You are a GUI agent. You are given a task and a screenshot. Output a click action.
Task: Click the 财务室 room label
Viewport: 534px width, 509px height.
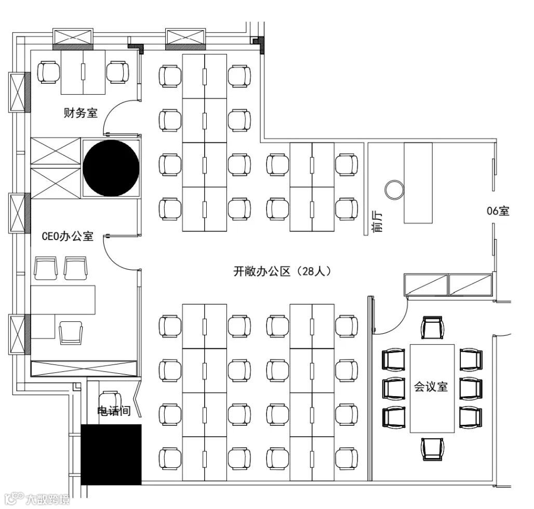[81, 112]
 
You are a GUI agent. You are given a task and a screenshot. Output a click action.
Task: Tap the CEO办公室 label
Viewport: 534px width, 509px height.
[68, 236]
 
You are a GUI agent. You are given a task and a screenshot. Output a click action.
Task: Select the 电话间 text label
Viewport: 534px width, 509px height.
[114, 411]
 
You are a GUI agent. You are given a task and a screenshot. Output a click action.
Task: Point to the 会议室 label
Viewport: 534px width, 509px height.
[431, 387]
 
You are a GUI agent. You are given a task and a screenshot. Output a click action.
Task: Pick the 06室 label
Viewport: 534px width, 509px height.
[498, 211]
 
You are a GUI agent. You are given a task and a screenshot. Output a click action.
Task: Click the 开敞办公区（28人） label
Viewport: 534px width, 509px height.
[283, 271]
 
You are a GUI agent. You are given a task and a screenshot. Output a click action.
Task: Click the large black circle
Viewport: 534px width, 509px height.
[111, 168]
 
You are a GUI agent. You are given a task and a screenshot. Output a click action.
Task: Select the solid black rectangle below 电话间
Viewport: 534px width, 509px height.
[111, 454]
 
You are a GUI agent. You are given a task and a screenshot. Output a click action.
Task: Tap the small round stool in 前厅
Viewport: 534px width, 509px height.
[395, 190]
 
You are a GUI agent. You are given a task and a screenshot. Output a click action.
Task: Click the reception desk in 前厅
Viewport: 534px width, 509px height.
[418, 183]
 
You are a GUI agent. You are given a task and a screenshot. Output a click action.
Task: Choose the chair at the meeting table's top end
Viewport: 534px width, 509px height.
[433, 328]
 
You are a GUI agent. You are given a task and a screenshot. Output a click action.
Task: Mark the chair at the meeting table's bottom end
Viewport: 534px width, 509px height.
[433, 449]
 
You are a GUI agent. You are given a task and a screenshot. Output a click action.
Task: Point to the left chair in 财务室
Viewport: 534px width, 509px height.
[48, 72]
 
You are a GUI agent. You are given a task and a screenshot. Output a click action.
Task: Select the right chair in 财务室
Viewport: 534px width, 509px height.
[118, 72]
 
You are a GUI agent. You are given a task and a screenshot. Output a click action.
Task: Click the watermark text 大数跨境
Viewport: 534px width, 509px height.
[48, 500]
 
